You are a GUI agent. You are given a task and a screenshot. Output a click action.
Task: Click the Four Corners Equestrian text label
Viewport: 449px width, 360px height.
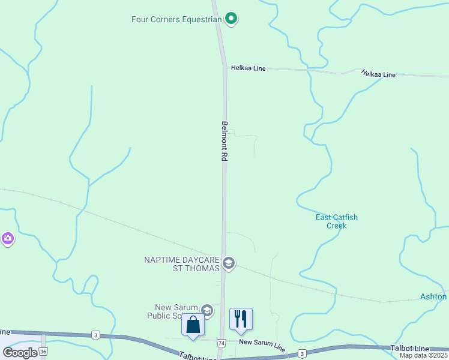click(x=177, y=19)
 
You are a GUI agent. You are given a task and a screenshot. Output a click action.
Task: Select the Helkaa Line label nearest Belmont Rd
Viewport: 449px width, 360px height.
click(x=248, y=68)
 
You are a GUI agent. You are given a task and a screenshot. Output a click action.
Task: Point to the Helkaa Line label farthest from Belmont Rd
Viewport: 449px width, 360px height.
click(x=378, y=74)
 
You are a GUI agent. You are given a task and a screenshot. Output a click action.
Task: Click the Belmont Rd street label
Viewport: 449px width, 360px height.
click(x=224, y=141)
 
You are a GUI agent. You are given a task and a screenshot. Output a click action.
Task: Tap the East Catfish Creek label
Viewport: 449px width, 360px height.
click(x=337, y=221)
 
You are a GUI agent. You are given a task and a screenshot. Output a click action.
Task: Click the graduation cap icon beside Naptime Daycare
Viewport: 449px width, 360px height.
click(x=228, y=263)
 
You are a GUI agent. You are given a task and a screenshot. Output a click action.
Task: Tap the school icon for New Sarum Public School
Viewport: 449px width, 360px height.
click(x=207, y=310)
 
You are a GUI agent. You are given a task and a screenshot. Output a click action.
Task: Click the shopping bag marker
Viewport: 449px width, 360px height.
click(x=193, y=325)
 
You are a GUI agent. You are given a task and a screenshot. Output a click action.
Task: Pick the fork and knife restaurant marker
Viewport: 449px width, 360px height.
click(x=241, y=319)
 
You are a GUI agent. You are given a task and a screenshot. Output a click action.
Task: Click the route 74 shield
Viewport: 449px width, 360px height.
click(x=221, y=343)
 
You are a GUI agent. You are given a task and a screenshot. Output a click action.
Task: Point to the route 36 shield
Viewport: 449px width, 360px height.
click(x=43, y=351)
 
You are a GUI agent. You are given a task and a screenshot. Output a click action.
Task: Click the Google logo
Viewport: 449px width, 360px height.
click(x=20, y=353)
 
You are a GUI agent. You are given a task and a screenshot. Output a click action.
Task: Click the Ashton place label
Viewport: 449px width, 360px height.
click(x=433, y=297)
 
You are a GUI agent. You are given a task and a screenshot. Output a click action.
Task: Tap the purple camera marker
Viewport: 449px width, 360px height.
click(x=7, y=239)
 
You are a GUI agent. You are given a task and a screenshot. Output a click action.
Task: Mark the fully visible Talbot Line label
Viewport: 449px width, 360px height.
click(x=410, y=349)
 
